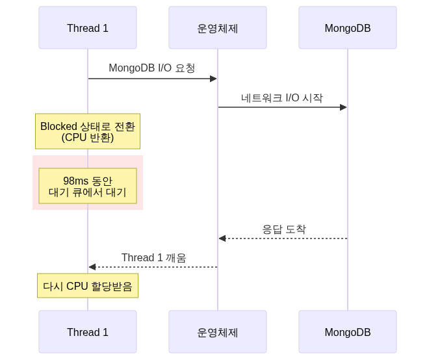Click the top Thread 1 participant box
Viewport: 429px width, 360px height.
(x=88, y=28)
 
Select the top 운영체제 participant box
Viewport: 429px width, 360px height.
(x=218, y=28)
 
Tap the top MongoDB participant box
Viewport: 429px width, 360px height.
(x=348, y=28)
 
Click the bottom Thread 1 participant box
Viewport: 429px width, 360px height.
(x=88, y=332)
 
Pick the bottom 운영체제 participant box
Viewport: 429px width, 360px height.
(x=218, y=332)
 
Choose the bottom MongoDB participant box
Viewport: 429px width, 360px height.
(x=348, y=332)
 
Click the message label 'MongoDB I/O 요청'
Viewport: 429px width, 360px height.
(x=152, y=68)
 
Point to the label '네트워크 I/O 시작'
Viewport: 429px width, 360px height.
(x=282, y=98)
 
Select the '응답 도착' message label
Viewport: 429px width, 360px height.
(x=284, y=229)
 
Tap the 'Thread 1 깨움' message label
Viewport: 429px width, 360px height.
(x=153, y=258)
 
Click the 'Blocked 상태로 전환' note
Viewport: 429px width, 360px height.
(x=88, y=132)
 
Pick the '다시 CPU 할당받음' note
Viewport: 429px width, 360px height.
(x=88, y=287)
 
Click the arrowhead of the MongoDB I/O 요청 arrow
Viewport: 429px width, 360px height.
(x=214, y=79)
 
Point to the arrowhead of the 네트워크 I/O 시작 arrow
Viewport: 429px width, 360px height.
(x=344, y=107)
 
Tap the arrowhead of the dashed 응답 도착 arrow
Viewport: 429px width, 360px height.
(x=222, y=238)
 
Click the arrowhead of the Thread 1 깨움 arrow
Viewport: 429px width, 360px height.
(x=92, y=267)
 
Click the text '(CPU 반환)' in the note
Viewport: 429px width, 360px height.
(x=88, y=138)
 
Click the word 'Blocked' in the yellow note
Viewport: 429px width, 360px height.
(x=58, y=126)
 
